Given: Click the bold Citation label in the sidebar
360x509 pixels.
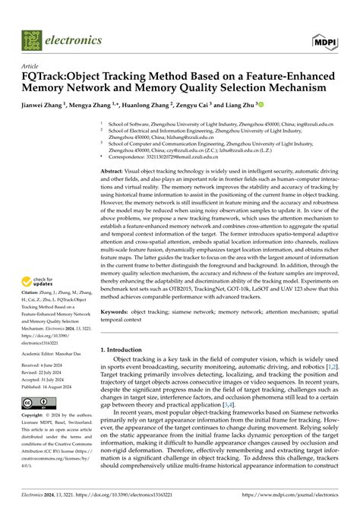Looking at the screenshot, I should pyautogui.click(x=33, y=311).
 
